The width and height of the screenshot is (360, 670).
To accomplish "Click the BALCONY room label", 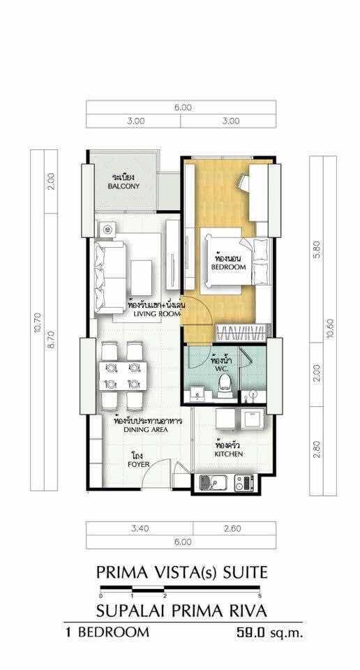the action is click(x=123, y=187).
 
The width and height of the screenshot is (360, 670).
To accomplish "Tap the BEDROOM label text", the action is click(x=228, y=267).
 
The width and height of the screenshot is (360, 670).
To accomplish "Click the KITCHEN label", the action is click(x=229, y=454).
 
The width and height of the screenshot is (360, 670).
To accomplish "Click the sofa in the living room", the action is click(x=110, y=277).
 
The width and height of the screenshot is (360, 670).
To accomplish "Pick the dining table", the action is click(x=123, y=375).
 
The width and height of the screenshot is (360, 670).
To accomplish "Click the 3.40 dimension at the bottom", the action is click(x=140, y=528).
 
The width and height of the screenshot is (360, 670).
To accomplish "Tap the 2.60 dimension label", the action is click(x=233, y=528).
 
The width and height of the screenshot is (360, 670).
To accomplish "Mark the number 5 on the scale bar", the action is click(x=260, y=595).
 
